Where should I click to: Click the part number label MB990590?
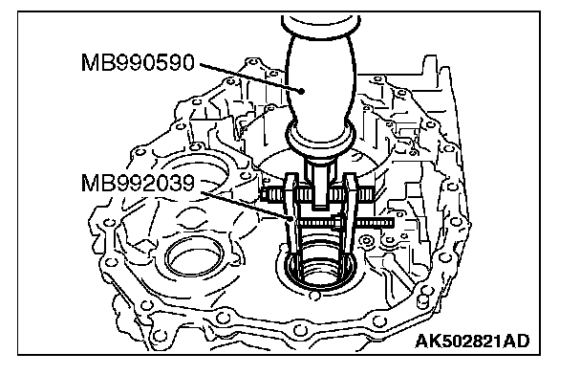click(x=138, y=63)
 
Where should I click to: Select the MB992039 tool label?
click(x=138, y=184)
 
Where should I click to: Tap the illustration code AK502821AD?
click(x=472, y=342)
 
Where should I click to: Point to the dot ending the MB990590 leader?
click(x=302, y=91)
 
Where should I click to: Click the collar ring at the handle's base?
click(x=321, y=137)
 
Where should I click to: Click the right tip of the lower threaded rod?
click(x=393, y=223)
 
